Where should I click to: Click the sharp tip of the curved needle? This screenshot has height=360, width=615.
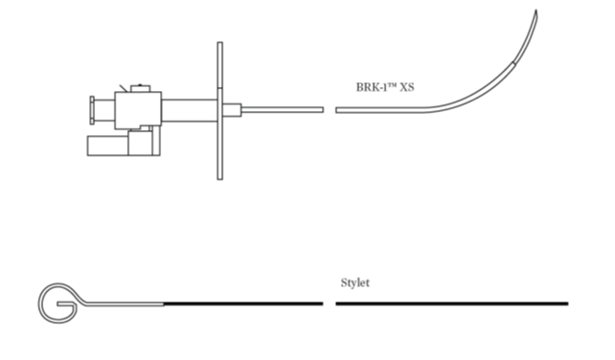[535, 11]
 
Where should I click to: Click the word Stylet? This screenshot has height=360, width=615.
[355, 282]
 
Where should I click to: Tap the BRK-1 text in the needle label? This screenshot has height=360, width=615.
[371, 87]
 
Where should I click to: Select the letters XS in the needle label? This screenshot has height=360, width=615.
[407, 87]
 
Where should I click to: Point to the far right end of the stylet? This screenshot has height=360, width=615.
[567, 304]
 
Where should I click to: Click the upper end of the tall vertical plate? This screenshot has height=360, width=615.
[220, 43]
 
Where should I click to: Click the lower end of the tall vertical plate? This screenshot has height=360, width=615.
[220, 179]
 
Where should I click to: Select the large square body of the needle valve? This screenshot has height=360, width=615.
[138, 111]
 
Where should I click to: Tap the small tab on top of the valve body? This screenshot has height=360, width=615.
[141, 88]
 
